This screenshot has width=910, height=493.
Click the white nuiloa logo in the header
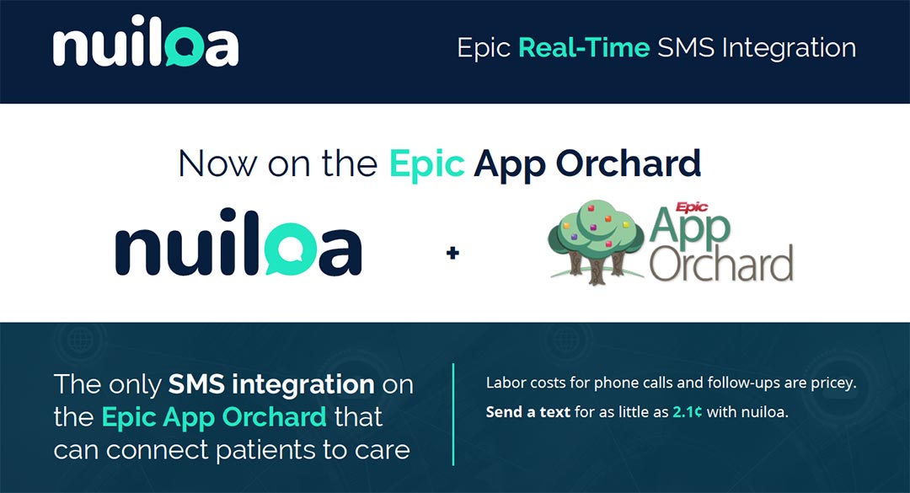coord(146,47)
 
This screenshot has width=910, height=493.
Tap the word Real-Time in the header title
coord(583,47)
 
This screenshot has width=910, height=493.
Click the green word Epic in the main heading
coord(426,163)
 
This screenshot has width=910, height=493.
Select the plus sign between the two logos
coord(452,252)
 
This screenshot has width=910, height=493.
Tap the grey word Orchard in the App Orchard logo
coord(721,264)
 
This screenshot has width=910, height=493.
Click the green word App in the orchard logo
coord(691,228)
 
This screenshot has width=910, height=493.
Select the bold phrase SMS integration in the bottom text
coord(271,384)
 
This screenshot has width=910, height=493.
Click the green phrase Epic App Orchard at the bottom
coord(214,416)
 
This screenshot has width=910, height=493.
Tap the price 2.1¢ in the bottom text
coord(686,414)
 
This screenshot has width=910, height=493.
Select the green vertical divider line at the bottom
coord(453,415)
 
